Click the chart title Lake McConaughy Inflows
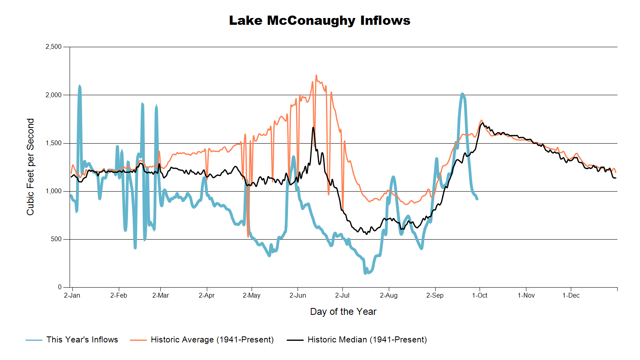320,20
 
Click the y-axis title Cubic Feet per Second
30,167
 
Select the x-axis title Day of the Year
343,312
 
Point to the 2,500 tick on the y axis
54,47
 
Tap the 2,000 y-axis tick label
54,95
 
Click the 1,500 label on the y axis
54,143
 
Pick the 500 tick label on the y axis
56,239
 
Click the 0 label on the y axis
60,287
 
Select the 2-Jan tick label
72,296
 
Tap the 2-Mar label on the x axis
160,296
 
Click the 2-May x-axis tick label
251,296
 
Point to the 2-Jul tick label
342,296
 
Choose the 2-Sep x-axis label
435,296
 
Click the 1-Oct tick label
480,296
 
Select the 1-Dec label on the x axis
571,296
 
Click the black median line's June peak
313,128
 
